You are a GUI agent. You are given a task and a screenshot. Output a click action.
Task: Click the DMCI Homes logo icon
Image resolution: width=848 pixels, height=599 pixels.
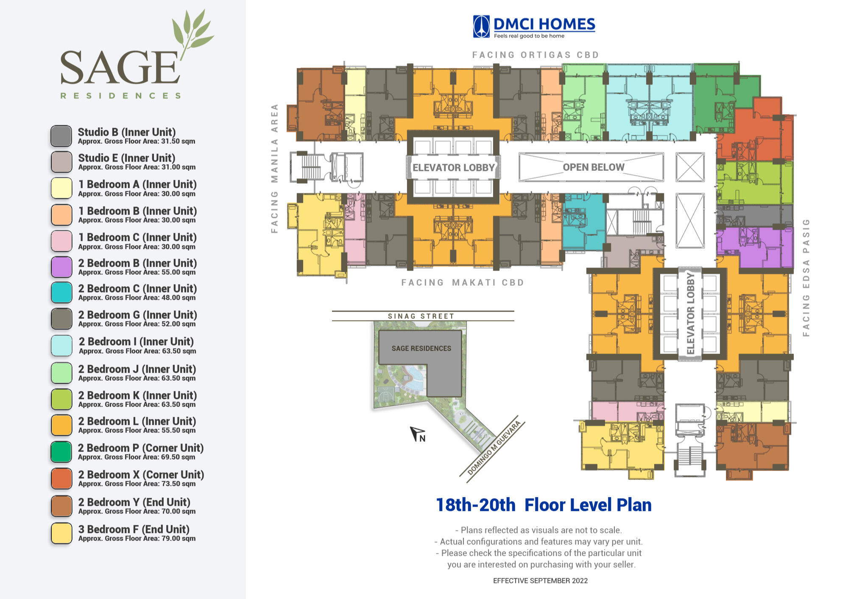[x=481, y=27]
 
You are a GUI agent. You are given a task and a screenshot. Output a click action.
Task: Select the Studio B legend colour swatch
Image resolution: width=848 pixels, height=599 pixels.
[x=61, y=136]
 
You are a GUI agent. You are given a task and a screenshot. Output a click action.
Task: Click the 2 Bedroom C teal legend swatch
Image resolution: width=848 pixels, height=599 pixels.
[x=61, y=293]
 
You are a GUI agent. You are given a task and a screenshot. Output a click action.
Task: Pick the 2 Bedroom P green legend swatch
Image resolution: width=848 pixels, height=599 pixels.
[x=61, y=452]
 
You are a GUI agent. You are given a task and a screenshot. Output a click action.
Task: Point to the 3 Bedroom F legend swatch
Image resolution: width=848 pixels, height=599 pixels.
[x=61, y=533]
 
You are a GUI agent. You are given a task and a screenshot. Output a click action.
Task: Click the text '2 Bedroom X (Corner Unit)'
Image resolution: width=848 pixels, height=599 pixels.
[x=141, y=475]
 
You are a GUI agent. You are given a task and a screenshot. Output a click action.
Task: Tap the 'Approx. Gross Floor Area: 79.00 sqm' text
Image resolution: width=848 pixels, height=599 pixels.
[x=137, y=538]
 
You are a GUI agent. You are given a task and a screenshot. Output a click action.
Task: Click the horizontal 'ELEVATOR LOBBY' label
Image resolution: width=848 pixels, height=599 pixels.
[x=454, y=167]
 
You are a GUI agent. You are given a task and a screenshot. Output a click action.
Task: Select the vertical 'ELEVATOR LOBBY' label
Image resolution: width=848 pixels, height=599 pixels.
[x=690, y=313]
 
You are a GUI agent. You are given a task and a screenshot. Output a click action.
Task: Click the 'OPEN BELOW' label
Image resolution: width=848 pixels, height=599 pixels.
[x=594, y=167]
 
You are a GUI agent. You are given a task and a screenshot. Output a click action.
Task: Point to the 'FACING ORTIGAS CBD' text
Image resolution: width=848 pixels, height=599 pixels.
[x=536, y=55]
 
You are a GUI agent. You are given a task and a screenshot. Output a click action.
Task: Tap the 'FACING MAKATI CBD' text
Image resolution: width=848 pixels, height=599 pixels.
[x=463, y=282]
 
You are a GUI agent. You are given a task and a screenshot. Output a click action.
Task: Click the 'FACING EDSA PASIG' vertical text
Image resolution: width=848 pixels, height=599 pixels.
[x=806, y=278]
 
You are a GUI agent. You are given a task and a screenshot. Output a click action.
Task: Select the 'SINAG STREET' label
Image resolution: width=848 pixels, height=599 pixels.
[x=421, y=316]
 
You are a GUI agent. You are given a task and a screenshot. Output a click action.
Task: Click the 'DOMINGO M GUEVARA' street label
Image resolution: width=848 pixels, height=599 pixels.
[x=494, y=448]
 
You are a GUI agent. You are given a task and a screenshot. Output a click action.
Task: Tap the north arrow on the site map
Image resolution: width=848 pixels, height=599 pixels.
[x=417, y=434]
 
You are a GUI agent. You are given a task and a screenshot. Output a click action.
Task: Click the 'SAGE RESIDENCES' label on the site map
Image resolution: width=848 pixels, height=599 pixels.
[x=421, y=348]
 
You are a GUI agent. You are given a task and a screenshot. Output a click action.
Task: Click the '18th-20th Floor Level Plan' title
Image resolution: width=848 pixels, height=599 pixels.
[x=544, y=505]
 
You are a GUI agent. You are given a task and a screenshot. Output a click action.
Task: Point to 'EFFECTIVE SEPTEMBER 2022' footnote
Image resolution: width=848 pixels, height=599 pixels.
[x=540, y=581]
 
